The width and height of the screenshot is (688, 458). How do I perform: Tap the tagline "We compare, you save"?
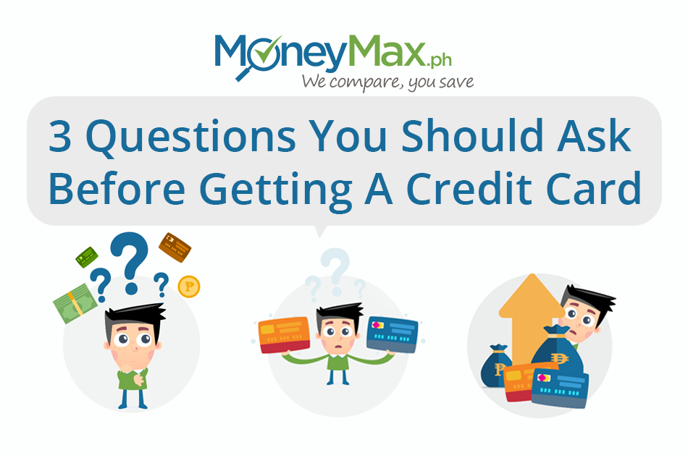[387, 82]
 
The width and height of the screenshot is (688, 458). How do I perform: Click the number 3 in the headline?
[60, 136]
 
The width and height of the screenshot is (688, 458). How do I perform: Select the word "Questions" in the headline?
[191, 137]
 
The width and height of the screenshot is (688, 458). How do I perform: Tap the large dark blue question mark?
[130, 263]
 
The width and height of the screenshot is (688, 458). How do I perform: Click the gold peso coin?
[189, 287]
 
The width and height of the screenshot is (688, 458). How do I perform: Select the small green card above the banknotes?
[86, 258]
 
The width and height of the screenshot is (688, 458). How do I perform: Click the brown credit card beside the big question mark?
[175, 247]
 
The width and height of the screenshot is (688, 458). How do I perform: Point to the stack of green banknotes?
[75, 303]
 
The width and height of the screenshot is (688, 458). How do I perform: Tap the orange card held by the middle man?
[285, 335]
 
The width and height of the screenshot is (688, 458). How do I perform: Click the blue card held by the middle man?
[393, 334]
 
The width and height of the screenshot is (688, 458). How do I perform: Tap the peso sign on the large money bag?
[559, 358]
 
